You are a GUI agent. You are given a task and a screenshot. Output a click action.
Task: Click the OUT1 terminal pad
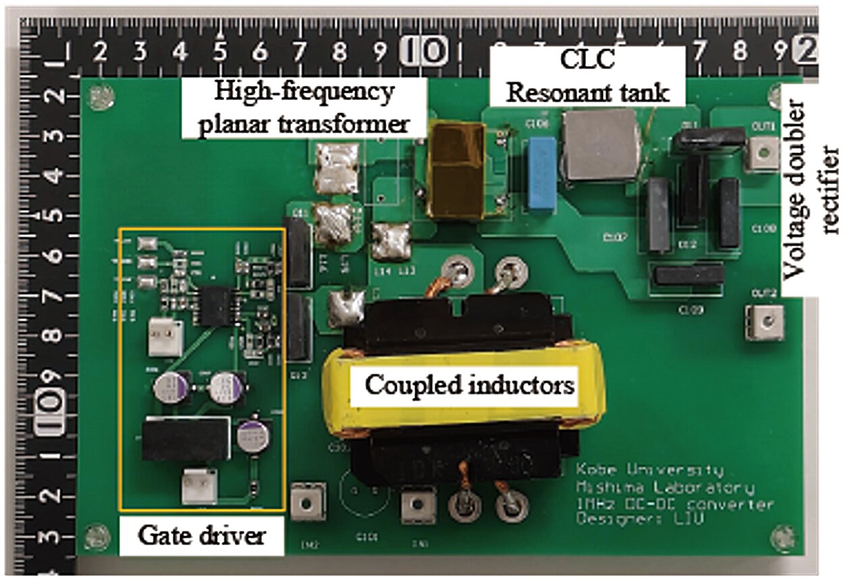(763, 153)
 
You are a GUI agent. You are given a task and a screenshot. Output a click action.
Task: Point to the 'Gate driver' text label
(200, 536)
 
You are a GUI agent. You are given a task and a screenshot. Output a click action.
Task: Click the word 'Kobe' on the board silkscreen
(598, 470)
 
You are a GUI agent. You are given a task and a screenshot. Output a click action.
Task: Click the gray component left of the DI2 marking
(659, 215)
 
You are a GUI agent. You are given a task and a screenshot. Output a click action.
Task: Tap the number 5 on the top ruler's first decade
(220, 51)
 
